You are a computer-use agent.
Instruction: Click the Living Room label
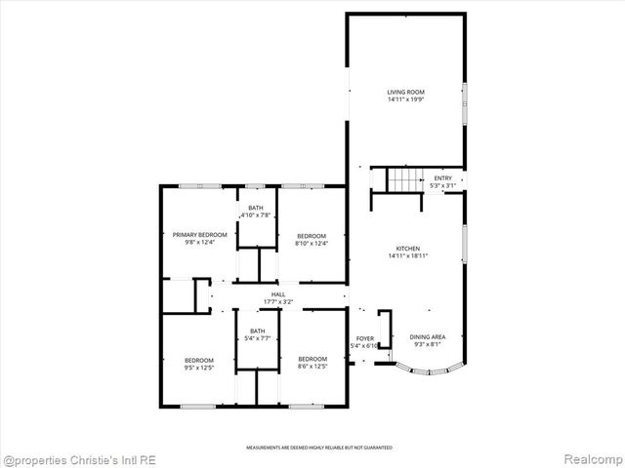click(406, 92)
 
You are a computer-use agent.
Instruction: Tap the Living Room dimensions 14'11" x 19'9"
click(406, 98)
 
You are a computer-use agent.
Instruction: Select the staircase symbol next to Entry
click(402, 179)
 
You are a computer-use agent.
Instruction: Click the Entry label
click(443, 177)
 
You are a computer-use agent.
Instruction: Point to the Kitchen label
click(407, 249)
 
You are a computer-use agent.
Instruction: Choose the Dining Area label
click(427, 336)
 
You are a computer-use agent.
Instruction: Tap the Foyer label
click(364, 338)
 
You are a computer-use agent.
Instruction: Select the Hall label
click(278, 294)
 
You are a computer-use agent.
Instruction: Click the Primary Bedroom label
click(200, 235)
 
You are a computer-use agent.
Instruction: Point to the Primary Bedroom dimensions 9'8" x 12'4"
click(200, 242)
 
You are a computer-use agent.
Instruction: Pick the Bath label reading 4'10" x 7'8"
click(256, 208)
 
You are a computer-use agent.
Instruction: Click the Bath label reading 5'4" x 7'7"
click(257, 331)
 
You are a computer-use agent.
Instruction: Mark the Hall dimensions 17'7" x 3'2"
click(278, 302)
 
